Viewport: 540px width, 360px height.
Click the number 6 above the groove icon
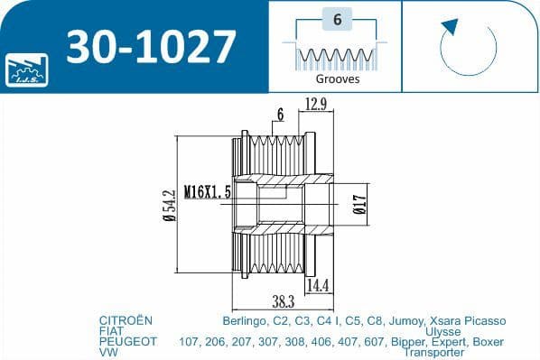tap(336, 19)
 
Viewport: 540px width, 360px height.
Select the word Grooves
tap(336, 78)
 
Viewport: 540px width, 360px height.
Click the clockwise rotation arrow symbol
tap(469, 44)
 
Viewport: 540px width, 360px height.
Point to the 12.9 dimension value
tap(316, 104)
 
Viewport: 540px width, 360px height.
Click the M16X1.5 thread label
tap(207, 192)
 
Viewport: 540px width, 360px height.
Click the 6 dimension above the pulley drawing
tap(281, 115)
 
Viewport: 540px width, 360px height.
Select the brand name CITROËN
tap(126, 320)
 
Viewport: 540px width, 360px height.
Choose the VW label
tap(107, 353)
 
